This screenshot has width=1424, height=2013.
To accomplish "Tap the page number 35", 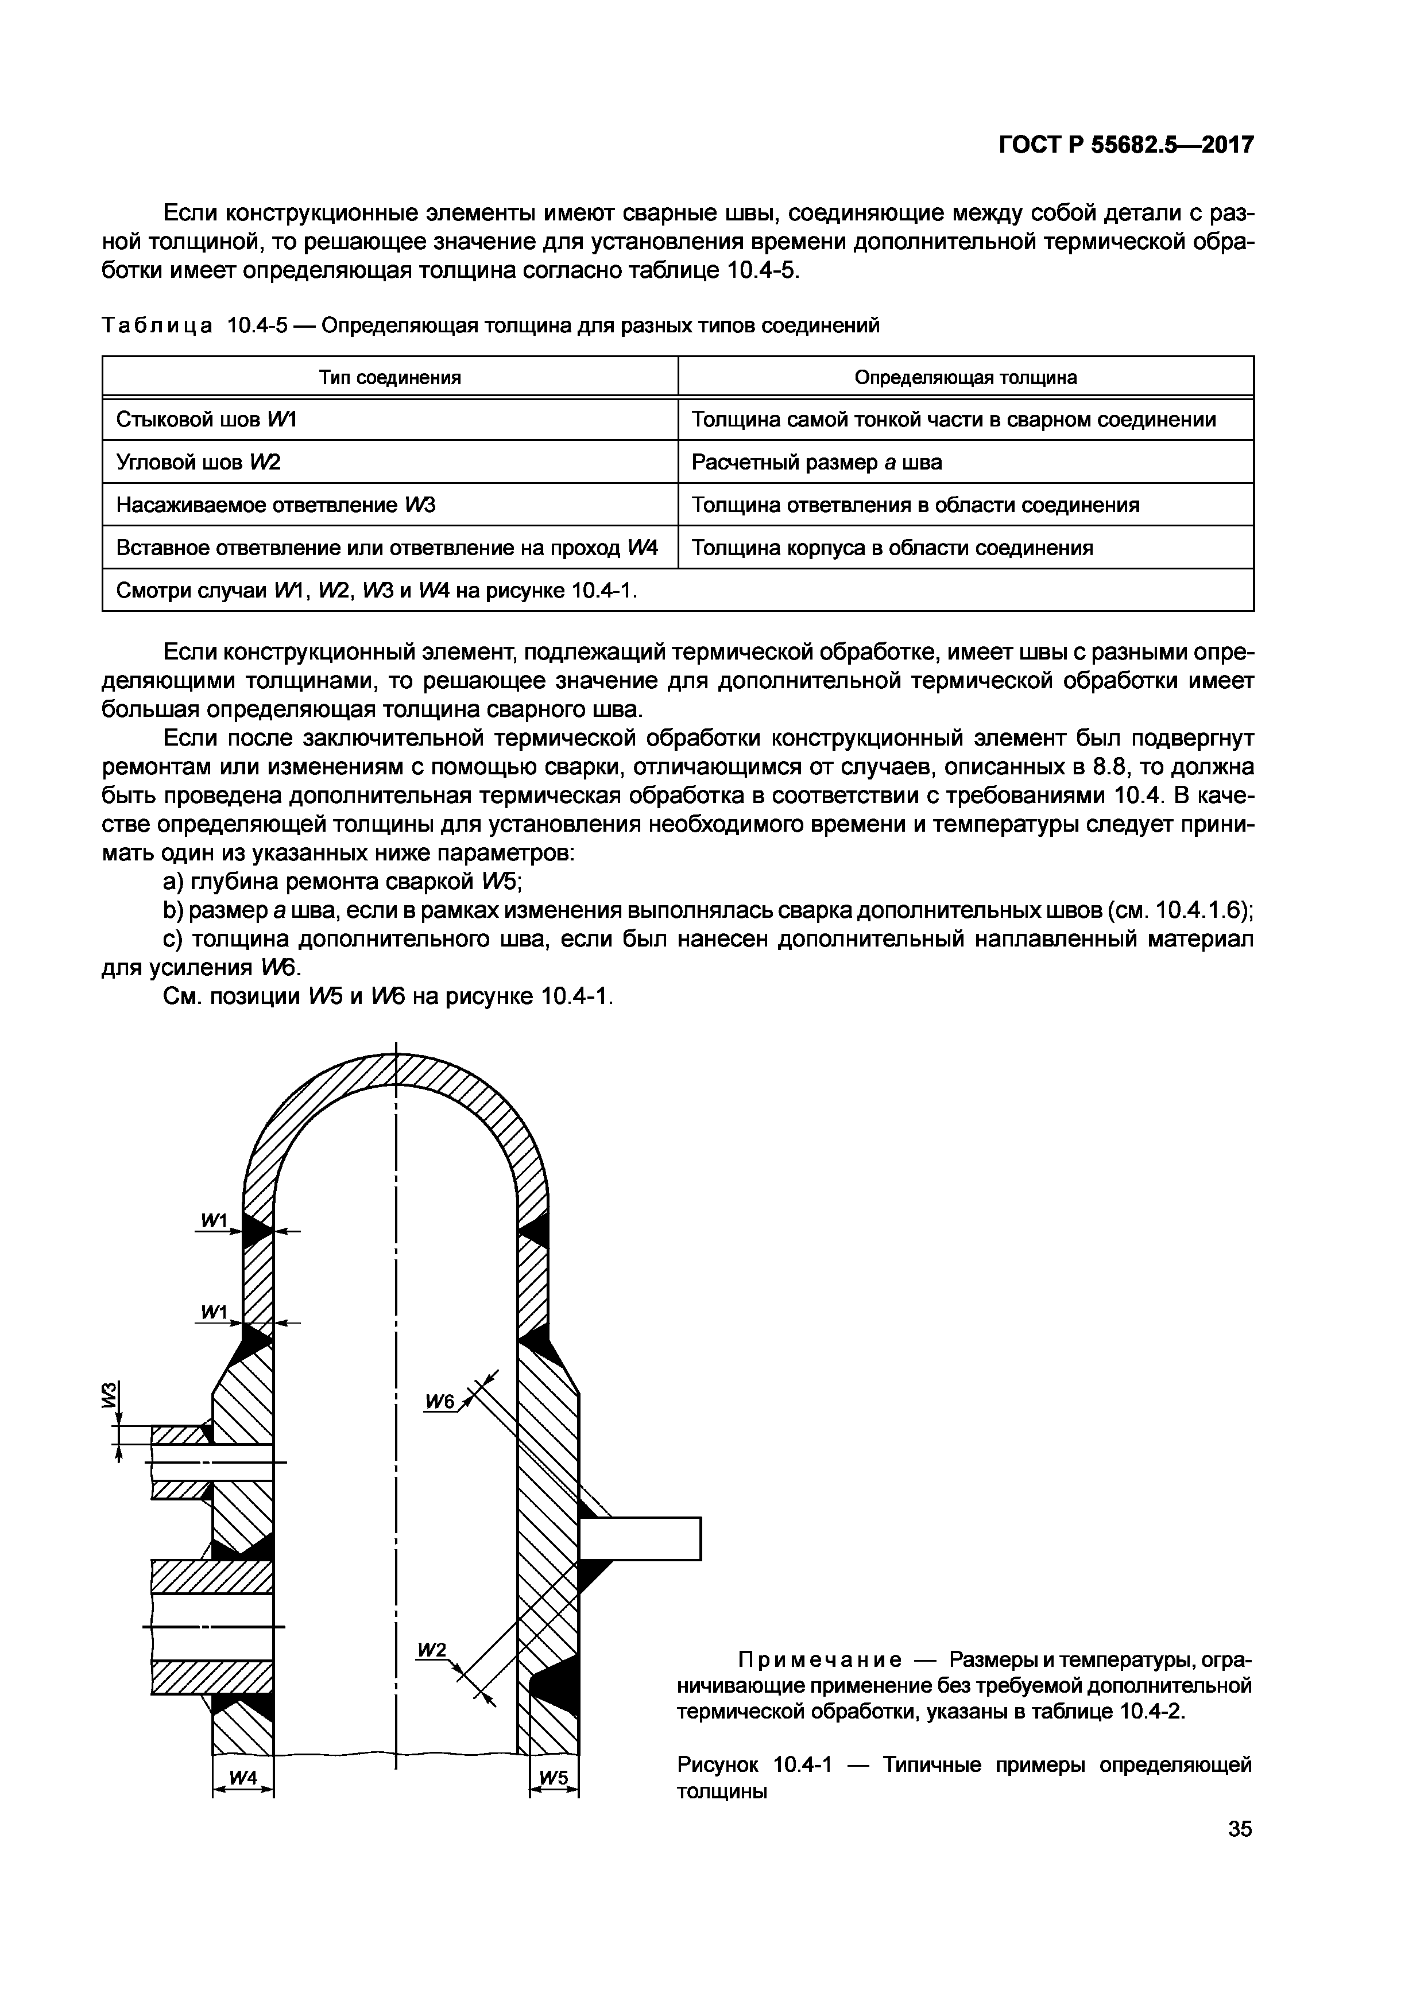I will (x=1240, y=1829).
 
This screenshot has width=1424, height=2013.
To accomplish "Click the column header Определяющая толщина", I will (x=965, y=377).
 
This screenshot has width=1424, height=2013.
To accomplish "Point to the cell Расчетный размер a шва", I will (x=817, y=462).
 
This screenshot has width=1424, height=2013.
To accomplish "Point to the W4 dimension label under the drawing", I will (x=243, y=1777).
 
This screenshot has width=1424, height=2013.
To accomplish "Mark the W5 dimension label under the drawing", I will (x=554, y=1777).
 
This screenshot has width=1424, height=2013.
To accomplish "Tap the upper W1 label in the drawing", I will (x=214, y=1220).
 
